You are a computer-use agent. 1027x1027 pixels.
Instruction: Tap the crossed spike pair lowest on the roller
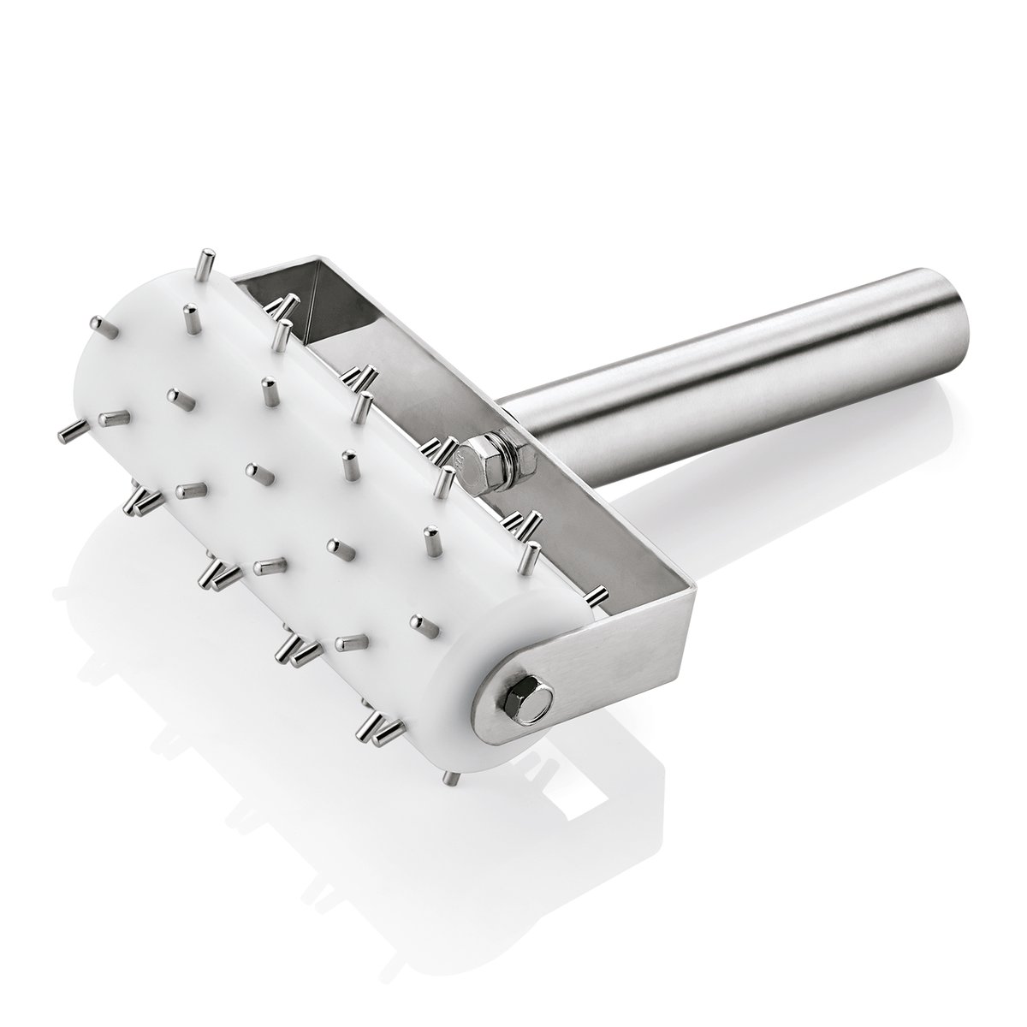377,731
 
